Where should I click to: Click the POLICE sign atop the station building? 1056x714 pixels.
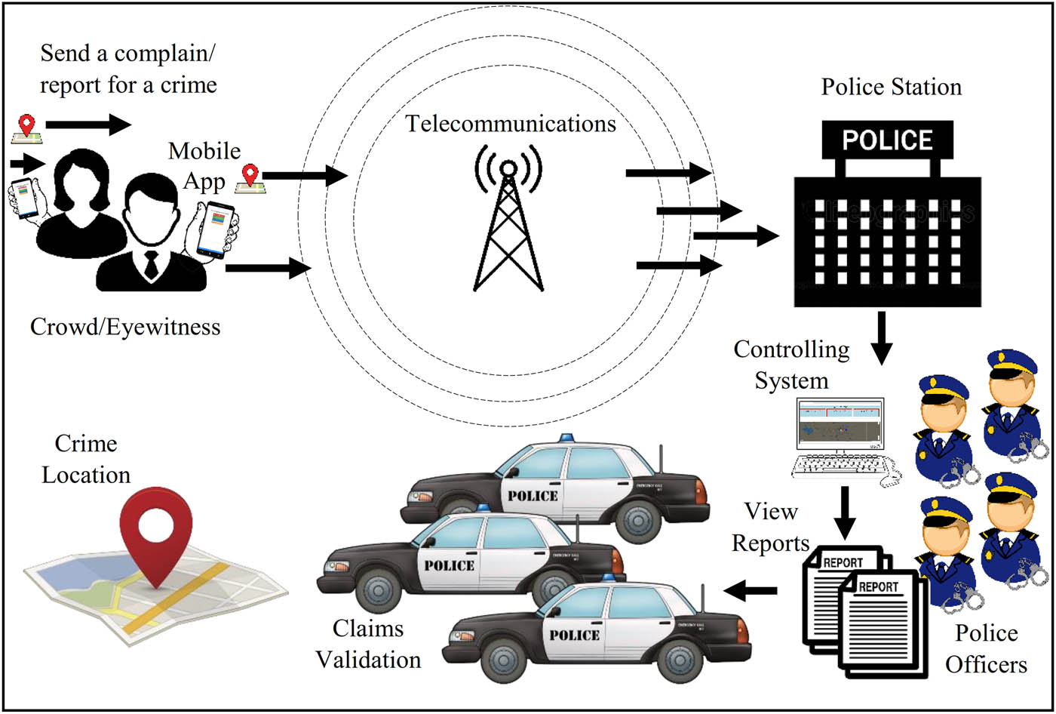pos(887,140)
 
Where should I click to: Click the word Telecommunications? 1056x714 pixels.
pos(511,123)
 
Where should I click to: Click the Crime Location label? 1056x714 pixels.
pos(85,460)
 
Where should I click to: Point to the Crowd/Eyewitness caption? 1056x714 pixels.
pos(125,327)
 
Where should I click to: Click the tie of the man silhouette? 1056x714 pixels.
pos(152,264)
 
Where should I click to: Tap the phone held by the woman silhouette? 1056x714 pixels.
pos(26,199)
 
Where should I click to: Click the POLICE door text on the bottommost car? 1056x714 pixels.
pos(575,635)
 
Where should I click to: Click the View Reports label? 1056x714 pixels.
pos(770,527)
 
